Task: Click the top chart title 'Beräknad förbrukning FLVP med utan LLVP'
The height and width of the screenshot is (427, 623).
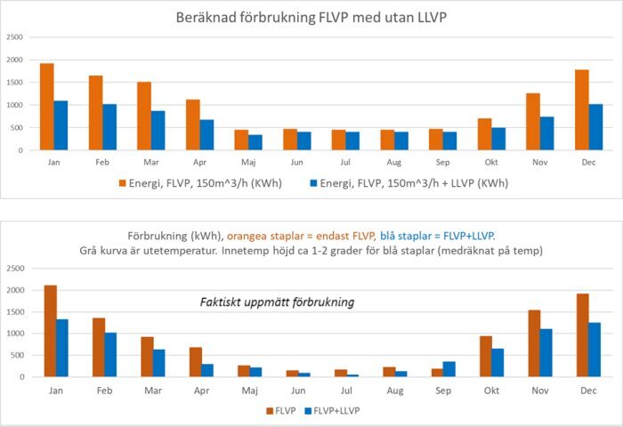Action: pyautogui.click(x=311, y=17)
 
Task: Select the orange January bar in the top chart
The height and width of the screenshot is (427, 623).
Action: pyautogui.click(x=47, y=107)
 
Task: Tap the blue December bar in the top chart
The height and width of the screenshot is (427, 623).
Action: pyautogui.click(x=596, y=127)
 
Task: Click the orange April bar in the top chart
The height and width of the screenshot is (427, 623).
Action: pyautogui.click(x=193, y=125)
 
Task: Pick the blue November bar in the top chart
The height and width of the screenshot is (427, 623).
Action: pyautogui.click(x=547, y=133)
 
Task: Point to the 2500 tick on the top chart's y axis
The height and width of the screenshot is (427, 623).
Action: pyautogui.click(x=14, y=37)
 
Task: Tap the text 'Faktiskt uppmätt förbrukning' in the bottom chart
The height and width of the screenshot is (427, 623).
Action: pyautogui.click(x=276, y=302)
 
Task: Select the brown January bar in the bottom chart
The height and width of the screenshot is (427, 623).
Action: pyautogui.click(x=51, y=331)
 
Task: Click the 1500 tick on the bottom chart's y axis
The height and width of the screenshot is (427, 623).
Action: pyautogui.click(x=14, y=311)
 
